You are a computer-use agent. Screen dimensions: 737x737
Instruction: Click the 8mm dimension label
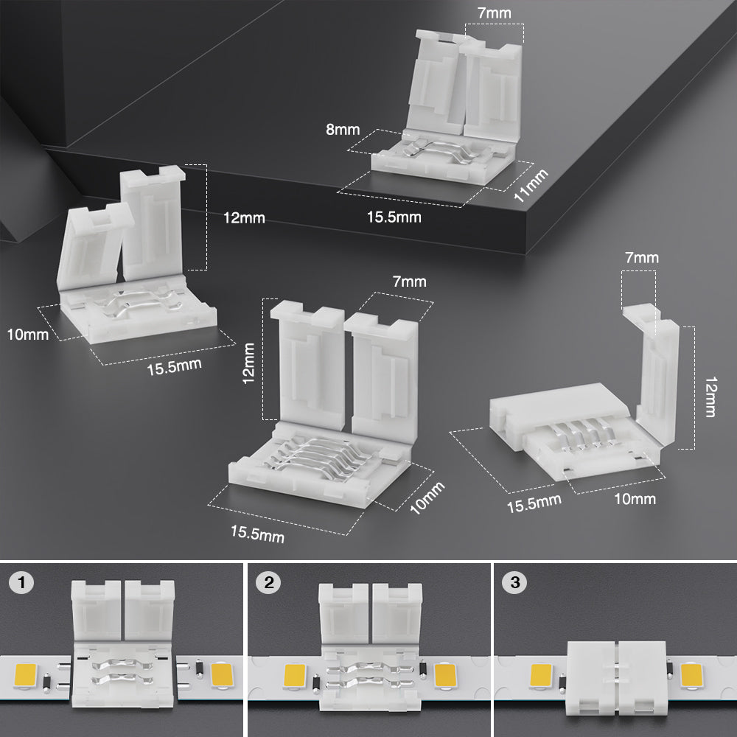tap(343, 130)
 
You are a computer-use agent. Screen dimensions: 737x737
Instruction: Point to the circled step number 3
tap(514, 584)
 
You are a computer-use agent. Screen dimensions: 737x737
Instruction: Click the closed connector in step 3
tap(617, 678)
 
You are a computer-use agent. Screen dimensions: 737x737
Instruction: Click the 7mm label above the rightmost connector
tap(641, 257)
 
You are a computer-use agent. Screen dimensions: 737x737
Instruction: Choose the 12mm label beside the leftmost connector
tap(244, 218)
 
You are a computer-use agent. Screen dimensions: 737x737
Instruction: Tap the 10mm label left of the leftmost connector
tap(28, 334)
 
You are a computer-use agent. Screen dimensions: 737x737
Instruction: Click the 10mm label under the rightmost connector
tap(634, 499)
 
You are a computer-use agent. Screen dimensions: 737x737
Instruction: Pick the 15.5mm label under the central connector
tap(257, 534)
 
